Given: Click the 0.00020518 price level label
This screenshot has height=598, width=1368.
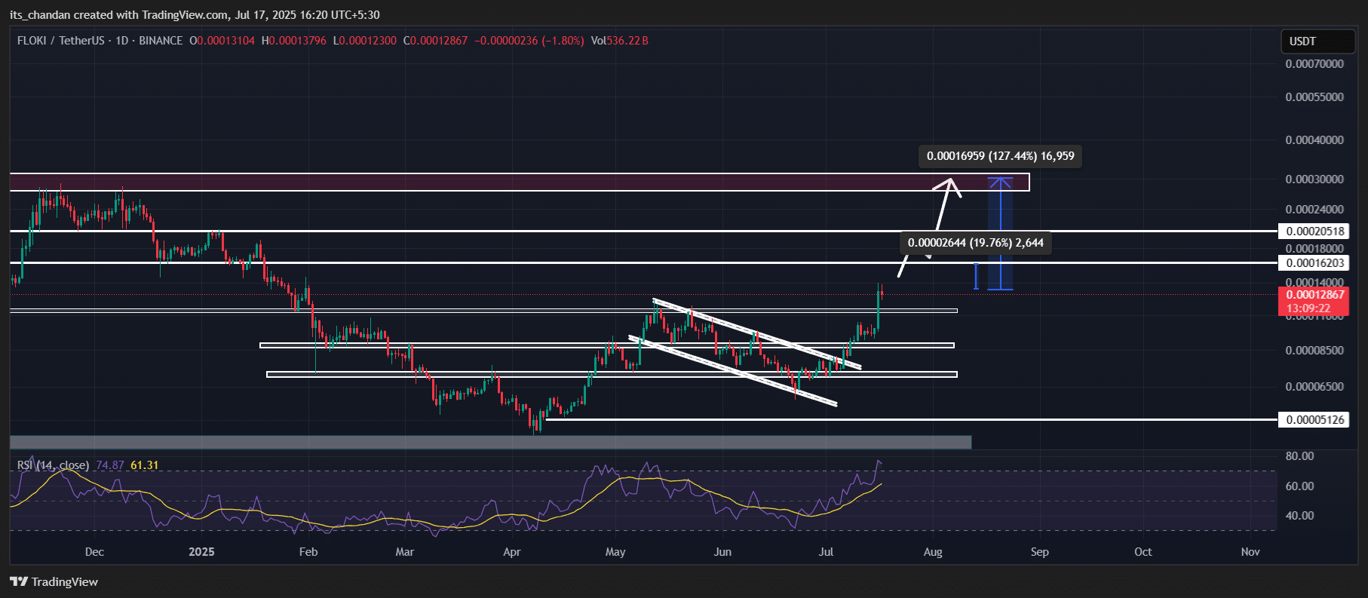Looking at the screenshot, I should coord(1314,232).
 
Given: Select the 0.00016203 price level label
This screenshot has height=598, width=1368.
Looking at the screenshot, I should coord(1314,263).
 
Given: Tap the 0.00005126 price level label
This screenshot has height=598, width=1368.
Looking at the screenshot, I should coord(1314,420).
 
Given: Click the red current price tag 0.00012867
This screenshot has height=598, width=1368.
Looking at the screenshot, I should coord(1314,295).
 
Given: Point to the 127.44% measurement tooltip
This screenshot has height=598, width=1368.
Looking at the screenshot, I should coord(1000,156).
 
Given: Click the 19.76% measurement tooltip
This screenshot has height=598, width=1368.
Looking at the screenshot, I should coord(975,243).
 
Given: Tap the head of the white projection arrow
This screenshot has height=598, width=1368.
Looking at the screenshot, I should coord(952,183).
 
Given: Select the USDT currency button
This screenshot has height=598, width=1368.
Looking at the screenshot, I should coord(1302,41).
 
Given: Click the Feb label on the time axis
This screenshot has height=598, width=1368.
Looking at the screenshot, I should coord(308,552).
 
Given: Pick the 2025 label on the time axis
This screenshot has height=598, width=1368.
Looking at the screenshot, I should coord(201,552).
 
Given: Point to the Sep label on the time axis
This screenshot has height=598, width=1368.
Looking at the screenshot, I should coord(1039,552).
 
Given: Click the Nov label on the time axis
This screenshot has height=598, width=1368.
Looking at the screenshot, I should coord(1250,552).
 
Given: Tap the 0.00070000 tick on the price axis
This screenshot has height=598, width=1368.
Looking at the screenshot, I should coord(1314,64).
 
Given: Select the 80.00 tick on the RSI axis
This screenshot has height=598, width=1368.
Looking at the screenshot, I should coord(1299,456).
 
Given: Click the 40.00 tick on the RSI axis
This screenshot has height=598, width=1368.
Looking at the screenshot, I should coord(1299,516).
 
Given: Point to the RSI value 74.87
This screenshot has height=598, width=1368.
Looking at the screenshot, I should coord(110,465).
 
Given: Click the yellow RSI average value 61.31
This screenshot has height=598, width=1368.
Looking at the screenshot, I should coord(145,465).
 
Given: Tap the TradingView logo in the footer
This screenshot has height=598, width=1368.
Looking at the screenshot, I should coord(54,581).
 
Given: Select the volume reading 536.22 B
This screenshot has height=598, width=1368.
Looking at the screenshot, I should coord(627,41).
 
